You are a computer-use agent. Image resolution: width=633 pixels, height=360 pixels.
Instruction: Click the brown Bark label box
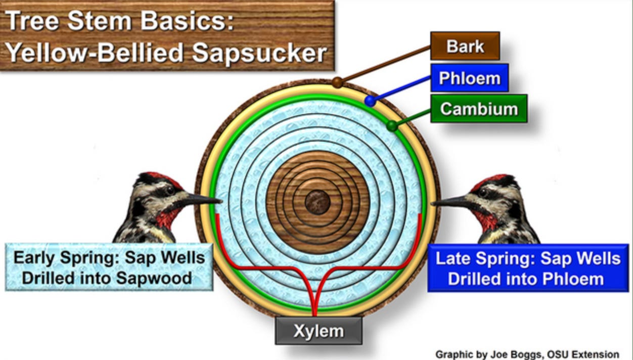click(x=465, y=46)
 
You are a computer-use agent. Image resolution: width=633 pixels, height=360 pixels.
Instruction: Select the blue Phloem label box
click(x=469, y=78)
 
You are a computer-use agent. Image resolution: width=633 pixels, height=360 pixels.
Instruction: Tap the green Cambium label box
click(x=479, y=109)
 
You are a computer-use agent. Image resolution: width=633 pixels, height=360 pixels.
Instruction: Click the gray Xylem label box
click(x=319, y=331)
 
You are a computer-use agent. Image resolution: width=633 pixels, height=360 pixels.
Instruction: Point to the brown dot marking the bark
click(x=337, y=82)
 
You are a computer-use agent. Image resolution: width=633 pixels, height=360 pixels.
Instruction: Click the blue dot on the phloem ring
click(x=370, y=101)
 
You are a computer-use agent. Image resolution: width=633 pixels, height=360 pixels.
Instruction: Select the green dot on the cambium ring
click(x=392, y=126)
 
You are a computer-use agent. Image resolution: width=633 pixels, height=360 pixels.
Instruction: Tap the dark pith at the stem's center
click(x=318, y=202)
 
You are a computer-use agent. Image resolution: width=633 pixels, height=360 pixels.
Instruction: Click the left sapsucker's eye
click(x=170, y=190)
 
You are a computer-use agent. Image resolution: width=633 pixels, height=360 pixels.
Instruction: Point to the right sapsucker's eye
click(x=483, y=193)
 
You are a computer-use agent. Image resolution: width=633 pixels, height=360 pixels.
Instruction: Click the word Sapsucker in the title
click(x=259, y=53)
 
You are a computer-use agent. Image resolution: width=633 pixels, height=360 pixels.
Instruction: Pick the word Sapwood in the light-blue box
click(x=154, y=278)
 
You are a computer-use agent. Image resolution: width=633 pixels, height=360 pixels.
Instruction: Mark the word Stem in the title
click(x=100, y=21)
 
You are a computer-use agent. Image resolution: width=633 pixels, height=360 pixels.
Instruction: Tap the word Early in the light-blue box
click(x=34, y=258)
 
